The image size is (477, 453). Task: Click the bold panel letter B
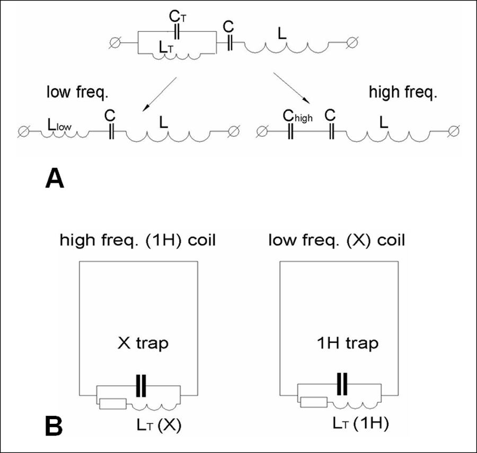55,424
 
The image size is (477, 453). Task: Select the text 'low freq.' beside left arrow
76,93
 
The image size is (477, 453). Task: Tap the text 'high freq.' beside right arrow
399,93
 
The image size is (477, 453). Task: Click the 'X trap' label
142,343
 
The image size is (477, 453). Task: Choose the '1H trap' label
345,343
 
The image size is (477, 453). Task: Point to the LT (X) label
158,425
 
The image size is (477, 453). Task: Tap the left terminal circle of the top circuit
114,42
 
